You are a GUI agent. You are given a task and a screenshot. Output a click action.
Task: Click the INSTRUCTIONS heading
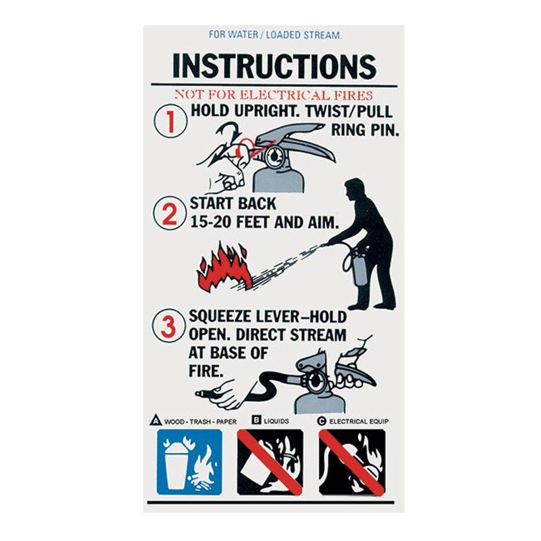[274, 66]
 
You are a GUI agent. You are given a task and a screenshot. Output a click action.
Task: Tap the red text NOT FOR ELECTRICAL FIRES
[274, 96]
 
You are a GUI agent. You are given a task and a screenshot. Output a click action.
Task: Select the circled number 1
[170, 121]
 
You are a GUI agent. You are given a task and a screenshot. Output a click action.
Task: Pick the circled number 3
[169, 326]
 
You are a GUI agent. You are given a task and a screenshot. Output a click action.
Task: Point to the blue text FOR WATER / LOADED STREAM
[275, 35]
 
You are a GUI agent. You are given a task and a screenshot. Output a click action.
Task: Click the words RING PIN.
[365, 130]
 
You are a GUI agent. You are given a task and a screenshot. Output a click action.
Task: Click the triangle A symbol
[156, 421]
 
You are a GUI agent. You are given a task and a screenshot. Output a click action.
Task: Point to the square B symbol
[256, 420]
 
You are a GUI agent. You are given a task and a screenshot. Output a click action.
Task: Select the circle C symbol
[322, 421]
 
